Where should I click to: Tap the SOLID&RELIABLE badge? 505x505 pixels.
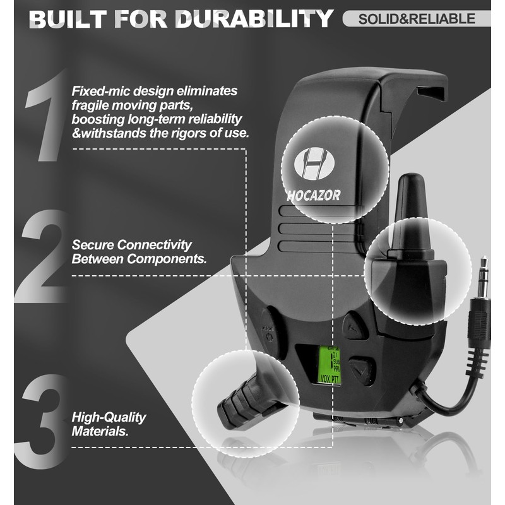(417, 18)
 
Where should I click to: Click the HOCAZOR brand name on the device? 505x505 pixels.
(314, 196)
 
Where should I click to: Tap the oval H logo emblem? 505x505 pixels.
(314, 163)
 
